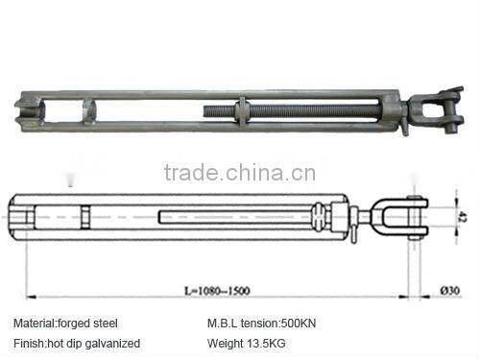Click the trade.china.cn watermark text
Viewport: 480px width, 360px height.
[x=240, y=173]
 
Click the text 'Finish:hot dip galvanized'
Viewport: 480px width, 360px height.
[x=77, y=343]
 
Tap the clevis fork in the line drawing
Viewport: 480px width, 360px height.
[x=409, y=219]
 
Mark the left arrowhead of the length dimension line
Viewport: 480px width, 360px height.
[x=30, y=295]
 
